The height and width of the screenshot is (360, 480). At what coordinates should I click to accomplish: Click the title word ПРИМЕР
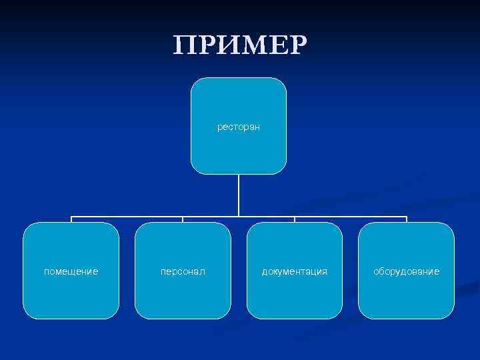pyautogui.click(x=240, y=45)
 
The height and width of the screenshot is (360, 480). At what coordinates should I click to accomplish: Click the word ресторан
pyautogui.click(x=239, y=125)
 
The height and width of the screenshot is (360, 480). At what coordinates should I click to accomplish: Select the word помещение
pyautogui.click(x=71, y=271)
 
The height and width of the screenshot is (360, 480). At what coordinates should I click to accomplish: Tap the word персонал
pyautogui.click(x=183, y=271)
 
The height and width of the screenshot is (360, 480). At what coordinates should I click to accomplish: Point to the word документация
pyautogui.click(x=294, y=271)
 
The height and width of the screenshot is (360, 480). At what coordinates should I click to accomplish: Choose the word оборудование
pyautogui.click(x=406, y=271)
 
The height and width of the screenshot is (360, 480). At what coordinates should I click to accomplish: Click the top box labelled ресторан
pyautogui.click(x=239, y=150)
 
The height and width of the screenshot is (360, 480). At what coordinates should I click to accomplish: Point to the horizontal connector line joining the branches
pyautogui.click(x=127, y=217)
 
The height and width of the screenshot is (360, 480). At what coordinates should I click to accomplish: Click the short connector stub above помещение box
pyautogui.click(x=71, y=219)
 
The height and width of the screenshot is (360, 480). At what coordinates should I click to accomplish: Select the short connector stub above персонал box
pyautogui.click(x=183, y=219)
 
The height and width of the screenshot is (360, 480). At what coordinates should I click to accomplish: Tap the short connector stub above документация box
pyautogui.click(x=295, y=219)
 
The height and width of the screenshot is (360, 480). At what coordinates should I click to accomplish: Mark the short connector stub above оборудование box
pyautogui.click(x=406, y=219)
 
